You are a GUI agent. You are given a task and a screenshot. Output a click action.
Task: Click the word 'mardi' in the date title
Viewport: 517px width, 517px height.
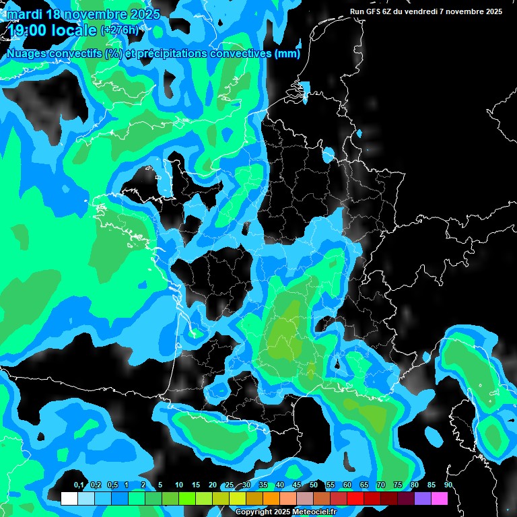point(23,14)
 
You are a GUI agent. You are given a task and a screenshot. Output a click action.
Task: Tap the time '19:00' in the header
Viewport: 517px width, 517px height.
point(26,30)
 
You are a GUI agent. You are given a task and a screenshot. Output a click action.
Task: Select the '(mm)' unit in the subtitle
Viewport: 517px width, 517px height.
point(287,53)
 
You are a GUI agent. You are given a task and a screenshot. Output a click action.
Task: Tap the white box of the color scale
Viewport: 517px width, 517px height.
point(69,499)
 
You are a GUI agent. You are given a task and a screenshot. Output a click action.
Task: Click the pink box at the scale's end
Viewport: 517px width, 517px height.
point(440,499)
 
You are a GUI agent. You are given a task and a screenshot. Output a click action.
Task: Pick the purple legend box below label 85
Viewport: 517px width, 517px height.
point(423,499)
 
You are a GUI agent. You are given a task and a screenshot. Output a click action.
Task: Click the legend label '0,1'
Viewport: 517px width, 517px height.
point(79,485)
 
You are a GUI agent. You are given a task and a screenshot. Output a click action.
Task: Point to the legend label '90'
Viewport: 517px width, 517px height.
point(448,485)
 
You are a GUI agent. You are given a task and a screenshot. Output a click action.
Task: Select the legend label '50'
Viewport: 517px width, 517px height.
point(314,485)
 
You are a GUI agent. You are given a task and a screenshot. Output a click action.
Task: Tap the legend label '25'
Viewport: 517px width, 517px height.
point(230,485)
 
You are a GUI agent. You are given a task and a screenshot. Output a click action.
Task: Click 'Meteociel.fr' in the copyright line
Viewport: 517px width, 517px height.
point(313,512)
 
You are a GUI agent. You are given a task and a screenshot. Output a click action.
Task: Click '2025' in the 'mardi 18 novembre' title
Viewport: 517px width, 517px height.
point(144,14)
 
